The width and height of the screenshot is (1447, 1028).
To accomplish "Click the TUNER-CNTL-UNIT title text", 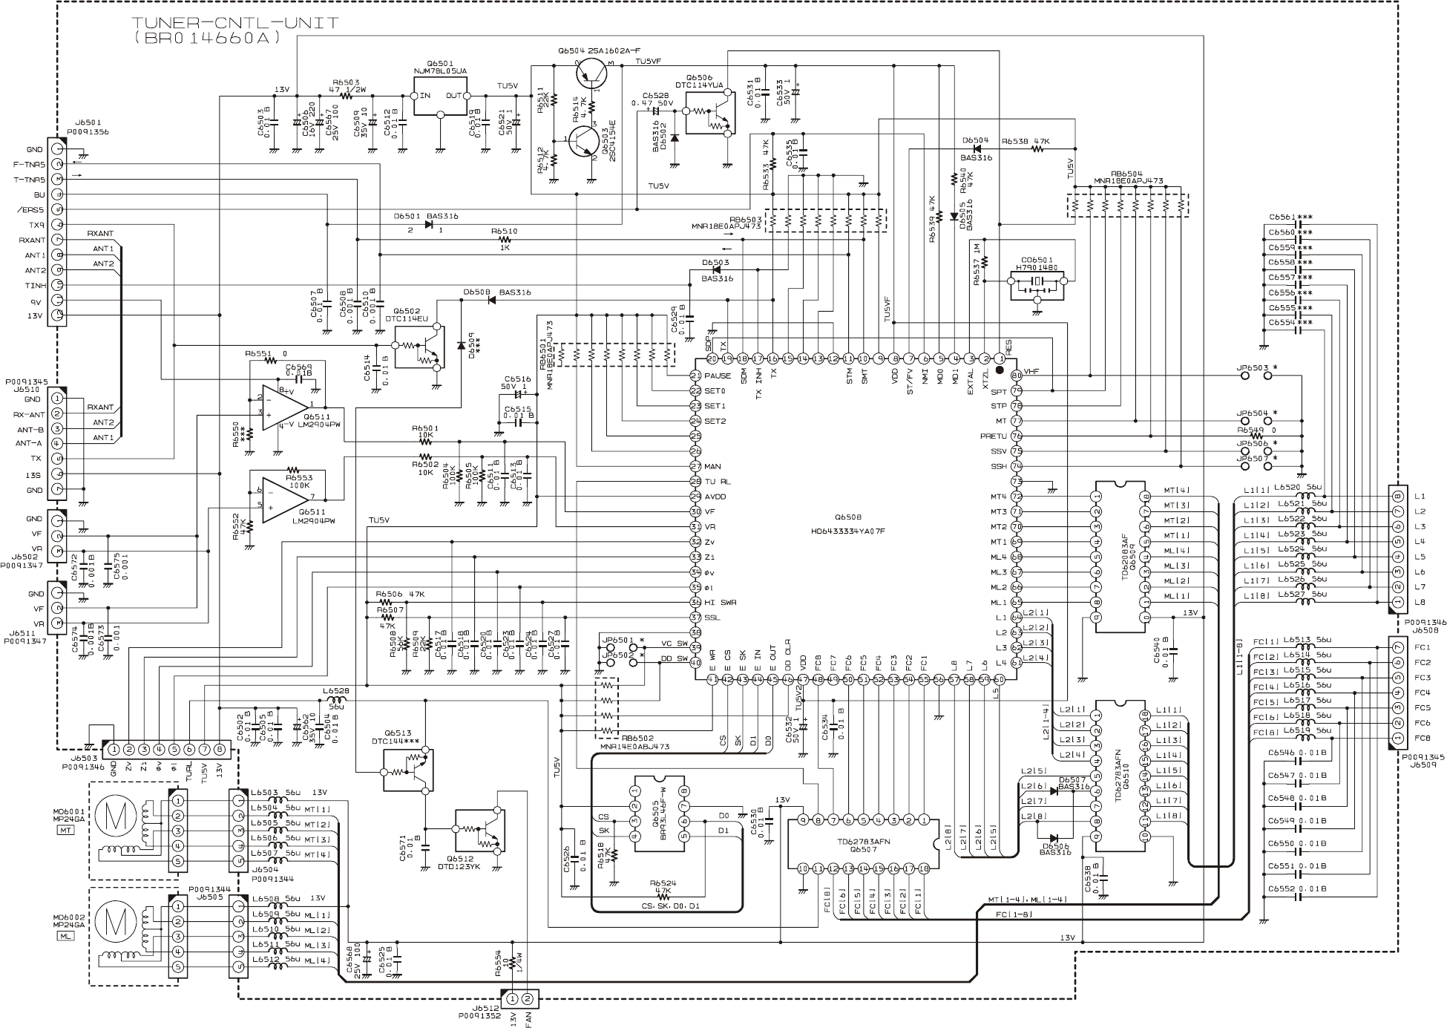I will tap(235, 23).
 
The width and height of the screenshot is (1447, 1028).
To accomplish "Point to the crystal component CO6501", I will tap(1037, 283).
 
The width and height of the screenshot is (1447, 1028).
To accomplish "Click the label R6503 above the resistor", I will tap(346, 82).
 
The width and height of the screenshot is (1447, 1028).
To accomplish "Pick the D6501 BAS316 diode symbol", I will tap(430, 223).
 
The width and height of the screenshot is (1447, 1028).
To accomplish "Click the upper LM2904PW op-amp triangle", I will tap(285, 405).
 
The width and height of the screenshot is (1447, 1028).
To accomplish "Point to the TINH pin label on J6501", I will tap(35, 285).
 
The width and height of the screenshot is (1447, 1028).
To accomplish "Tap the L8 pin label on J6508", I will tap(1420, 602).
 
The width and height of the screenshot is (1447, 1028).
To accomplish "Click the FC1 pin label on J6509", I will tap(1422, 647).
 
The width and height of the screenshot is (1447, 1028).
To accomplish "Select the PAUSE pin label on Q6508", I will tap(718, 376).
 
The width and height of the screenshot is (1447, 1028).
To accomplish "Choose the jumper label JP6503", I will tap(1252, 367).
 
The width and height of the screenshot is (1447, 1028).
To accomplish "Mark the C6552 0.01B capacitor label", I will tap(1298, 888).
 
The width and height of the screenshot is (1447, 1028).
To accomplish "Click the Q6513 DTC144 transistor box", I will tap(405, 770).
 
